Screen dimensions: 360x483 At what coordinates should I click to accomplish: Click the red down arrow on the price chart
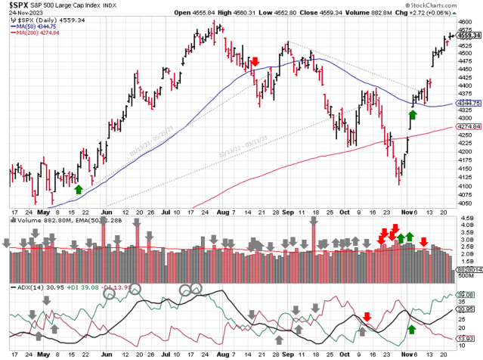click(x=256, y=61)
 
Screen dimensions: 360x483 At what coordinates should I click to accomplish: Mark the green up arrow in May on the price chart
click(x=79, y=189)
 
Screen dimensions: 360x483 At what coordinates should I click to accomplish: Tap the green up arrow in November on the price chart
click(x=413, y=116)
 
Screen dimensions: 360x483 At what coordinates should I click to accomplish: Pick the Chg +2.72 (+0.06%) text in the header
click(x=450, y=13)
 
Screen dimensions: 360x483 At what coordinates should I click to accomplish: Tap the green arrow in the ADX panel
click(x=412, y=329)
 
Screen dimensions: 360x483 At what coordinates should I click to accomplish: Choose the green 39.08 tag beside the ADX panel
click(x=468, y=295)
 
